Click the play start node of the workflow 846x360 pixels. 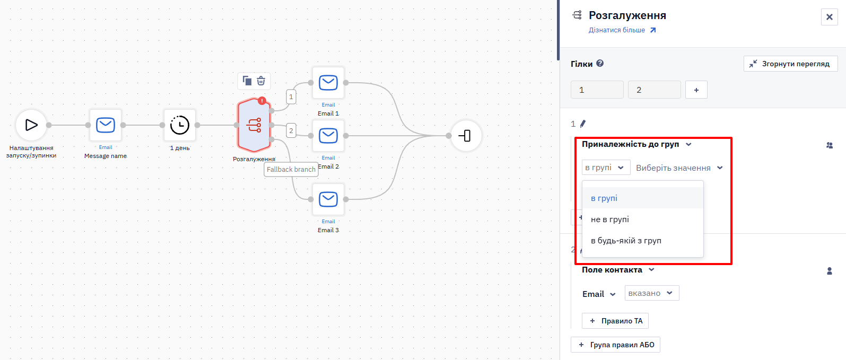pyautogui.click(x=31, y=125)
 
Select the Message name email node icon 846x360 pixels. pyautogui.click(x=106, y=125)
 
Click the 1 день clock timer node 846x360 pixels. pyautogui.click(x=180, y=125)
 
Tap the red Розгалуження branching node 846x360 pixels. pyautogui.click(x=254, y=125)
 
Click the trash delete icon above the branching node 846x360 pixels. pyautogui.click(x=261, y=81)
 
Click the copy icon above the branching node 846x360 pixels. pyautogui.click(x=247, y=81)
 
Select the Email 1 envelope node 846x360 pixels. pyautogui.click(x=328, y=83)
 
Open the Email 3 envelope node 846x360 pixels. pyautogui.click(x=328, y=199)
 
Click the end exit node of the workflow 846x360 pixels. pyautogui.click(x=466, y=136)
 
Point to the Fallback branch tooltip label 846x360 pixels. pyautogui.click(x=291, y=170)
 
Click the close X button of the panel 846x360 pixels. pyautogui.click(x=830, y=17)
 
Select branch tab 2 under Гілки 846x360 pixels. pyautogui.click(x=654, y=90)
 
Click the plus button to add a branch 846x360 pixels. pyautogui.click(x=696, y=90)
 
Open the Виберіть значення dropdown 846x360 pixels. pyautogui.click(x=679, y=168)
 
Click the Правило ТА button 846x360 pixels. pyautogui.click(x=615, y=321)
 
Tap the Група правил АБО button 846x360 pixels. pyautogui.click(x=616, y=345)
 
